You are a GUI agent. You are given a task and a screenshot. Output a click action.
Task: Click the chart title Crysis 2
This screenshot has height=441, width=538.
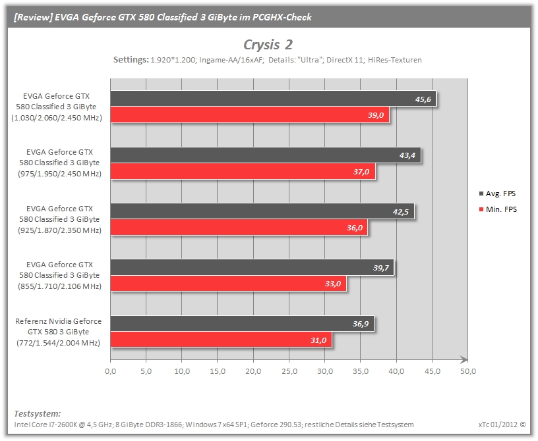[268, 45]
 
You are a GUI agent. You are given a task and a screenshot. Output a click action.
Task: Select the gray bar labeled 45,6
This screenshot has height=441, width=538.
[273, 99]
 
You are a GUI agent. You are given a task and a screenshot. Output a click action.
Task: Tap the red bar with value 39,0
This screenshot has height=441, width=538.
[250, 115]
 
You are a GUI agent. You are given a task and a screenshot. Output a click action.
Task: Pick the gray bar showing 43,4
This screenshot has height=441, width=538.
[266, 155]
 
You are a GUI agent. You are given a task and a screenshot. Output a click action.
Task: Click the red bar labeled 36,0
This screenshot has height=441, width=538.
[239, 228]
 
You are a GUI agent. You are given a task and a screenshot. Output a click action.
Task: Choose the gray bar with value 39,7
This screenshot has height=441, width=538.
[252, 267]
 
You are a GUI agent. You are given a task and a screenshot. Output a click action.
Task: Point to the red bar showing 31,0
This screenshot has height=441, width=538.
[221, 340]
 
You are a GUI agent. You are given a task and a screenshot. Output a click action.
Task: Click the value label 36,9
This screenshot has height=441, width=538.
[361, 324]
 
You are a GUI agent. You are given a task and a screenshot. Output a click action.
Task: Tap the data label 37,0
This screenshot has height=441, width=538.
[361, 172]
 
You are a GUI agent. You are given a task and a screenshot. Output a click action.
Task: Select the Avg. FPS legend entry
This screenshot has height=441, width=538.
[498, 194]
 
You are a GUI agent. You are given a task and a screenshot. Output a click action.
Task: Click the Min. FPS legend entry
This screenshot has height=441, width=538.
[498, 209]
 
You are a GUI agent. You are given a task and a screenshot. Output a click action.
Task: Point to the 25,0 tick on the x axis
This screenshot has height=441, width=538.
[289, 371]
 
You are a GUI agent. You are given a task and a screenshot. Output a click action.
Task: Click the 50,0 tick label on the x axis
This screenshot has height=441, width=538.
[468, 371]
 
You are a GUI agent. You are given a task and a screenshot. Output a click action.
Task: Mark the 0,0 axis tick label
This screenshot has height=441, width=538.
[111, 371]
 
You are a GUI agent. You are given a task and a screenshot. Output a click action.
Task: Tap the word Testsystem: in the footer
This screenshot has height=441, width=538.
[38, 413]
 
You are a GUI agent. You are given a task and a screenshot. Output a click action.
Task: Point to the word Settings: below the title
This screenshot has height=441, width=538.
[131, 60]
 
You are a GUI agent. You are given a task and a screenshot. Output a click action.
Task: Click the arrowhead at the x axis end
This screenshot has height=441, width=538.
[464, 359]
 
